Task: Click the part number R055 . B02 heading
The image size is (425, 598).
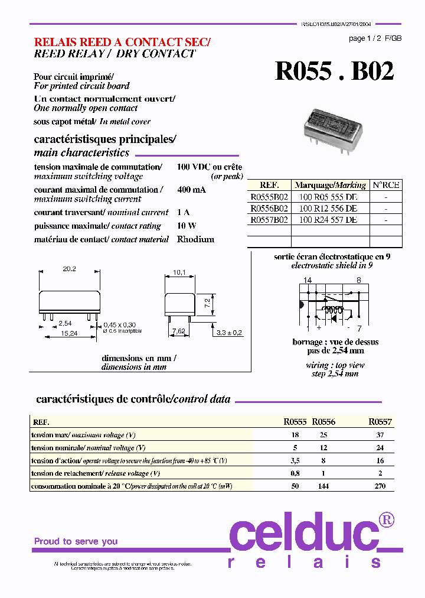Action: [334, 71]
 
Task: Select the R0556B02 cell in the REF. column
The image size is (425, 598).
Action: [269, 209]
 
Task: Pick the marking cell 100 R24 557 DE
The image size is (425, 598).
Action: [328, 220]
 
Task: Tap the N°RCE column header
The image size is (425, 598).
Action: [386, 185]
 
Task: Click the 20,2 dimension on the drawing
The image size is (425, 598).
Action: [69, 269]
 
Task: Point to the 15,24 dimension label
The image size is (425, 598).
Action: [70, 334]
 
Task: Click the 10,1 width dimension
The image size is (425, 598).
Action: [179, 272]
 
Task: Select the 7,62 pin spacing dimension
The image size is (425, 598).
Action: [178, 332]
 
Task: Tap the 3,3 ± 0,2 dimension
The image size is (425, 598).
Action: [230, 333]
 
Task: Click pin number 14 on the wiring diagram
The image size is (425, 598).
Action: [308, 280]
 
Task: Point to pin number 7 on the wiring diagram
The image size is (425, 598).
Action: [359, 328]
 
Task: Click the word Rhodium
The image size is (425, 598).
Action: [195, 239]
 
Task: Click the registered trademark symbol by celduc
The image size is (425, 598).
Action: [387, 519]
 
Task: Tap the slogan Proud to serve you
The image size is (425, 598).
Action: [76, 541]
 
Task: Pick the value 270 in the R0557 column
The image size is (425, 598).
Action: [380, 486]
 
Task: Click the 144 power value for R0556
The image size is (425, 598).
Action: [323, 486]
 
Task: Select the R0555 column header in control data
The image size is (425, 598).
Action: [295, 422]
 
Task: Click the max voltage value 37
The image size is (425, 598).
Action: [380, 435]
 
